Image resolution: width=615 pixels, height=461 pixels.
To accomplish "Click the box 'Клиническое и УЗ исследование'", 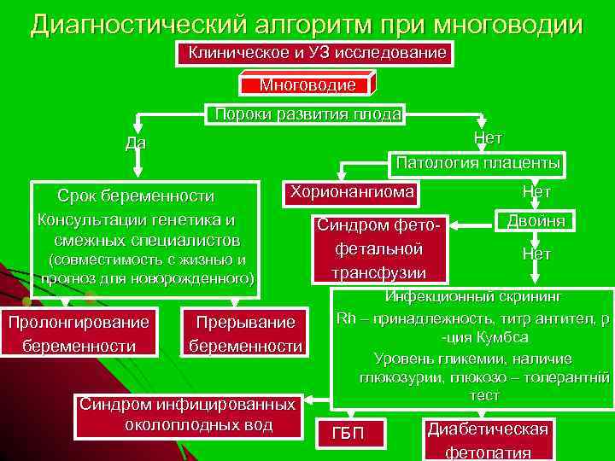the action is [317, 54].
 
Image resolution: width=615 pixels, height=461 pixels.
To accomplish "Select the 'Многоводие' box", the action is [307, 85].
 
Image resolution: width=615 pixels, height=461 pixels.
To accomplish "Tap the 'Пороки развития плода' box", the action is [308, 114].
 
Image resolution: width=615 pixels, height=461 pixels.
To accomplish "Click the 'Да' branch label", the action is [135, 143].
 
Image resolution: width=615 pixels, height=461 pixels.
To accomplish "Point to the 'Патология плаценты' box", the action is [476, 162].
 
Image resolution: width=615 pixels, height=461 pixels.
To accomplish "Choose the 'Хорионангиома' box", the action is [351, 191].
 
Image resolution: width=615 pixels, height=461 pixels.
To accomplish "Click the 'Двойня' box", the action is [535, 220].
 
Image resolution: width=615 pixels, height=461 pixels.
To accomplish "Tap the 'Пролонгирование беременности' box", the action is [79, 333].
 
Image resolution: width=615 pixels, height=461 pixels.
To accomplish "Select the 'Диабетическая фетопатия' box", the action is [489, 440].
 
